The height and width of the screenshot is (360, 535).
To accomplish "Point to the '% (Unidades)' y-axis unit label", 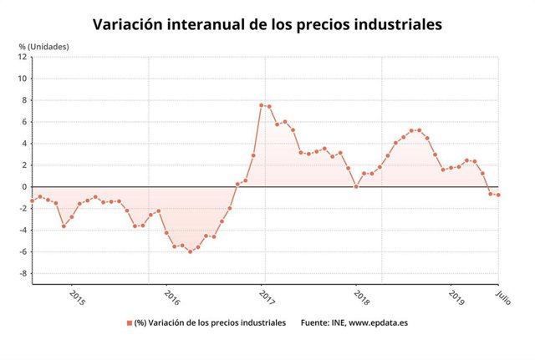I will tap(44, 46).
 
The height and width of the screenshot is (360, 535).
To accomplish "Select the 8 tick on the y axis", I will tap(24, 100).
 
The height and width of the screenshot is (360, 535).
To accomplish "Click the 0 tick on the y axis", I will tap(24, 187).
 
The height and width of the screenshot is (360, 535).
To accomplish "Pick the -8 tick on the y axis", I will tap(23, 273).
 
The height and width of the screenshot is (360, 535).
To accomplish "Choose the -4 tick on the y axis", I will tap(23, 231).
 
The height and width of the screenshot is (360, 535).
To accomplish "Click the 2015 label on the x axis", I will tap(76, 297).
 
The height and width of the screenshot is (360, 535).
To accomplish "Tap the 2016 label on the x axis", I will tap(171, 297).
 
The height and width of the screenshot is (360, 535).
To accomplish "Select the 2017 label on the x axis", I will tap(266, 297).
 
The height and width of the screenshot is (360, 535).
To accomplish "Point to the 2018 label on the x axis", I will tap(360, 297).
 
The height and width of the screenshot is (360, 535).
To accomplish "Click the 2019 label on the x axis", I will tap(456, 297).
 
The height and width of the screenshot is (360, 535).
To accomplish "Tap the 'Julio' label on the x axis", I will tap(502, 296).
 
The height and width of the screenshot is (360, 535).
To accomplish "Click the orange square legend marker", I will tap(130, 322).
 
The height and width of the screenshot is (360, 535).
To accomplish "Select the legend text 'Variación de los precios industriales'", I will tap(217, 322).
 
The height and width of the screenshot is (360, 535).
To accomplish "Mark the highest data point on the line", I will tap(261, 105).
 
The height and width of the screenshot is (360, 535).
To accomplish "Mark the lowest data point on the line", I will tap(190, 251).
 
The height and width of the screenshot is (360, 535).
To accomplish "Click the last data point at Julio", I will tap(499, 195).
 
